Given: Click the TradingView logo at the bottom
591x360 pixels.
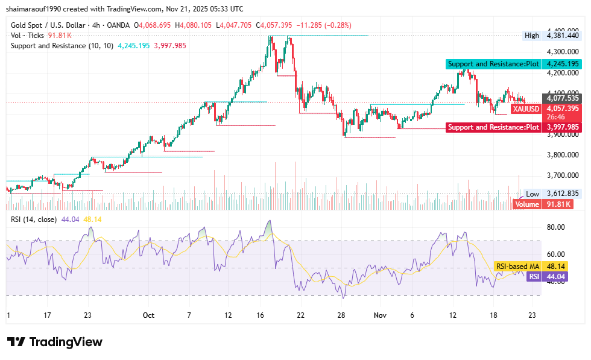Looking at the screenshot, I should pos(55,342).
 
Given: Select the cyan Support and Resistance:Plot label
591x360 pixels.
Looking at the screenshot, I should pos(493,64).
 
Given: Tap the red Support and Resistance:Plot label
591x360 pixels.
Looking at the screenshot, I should pos(493,127).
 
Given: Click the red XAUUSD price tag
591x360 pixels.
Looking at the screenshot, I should pos(525,109).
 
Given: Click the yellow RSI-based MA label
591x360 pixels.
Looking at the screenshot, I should pos(517,266).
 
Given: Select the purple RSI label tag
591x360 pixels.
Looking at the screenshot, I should pos(533,276).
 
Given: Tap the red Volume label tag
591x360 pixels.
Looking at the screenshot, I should pos(526,204).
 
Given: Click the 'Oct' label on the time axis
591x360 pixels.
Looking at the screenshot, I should pos(148,315).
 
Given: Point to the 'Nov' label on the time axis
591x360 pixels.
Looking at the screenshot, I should pos(380,315).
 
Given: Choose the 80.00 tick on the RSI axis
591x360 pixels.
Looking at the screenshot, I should pos(555,227).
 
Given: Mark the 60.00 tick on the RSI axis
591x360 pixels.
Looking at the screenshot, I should pos(555,254).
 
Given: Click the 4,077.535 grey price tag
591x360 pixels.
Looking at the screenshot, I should pos(562,98).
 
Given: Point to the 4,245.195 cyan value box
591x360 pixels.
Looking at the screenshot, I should pos(562,64).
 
